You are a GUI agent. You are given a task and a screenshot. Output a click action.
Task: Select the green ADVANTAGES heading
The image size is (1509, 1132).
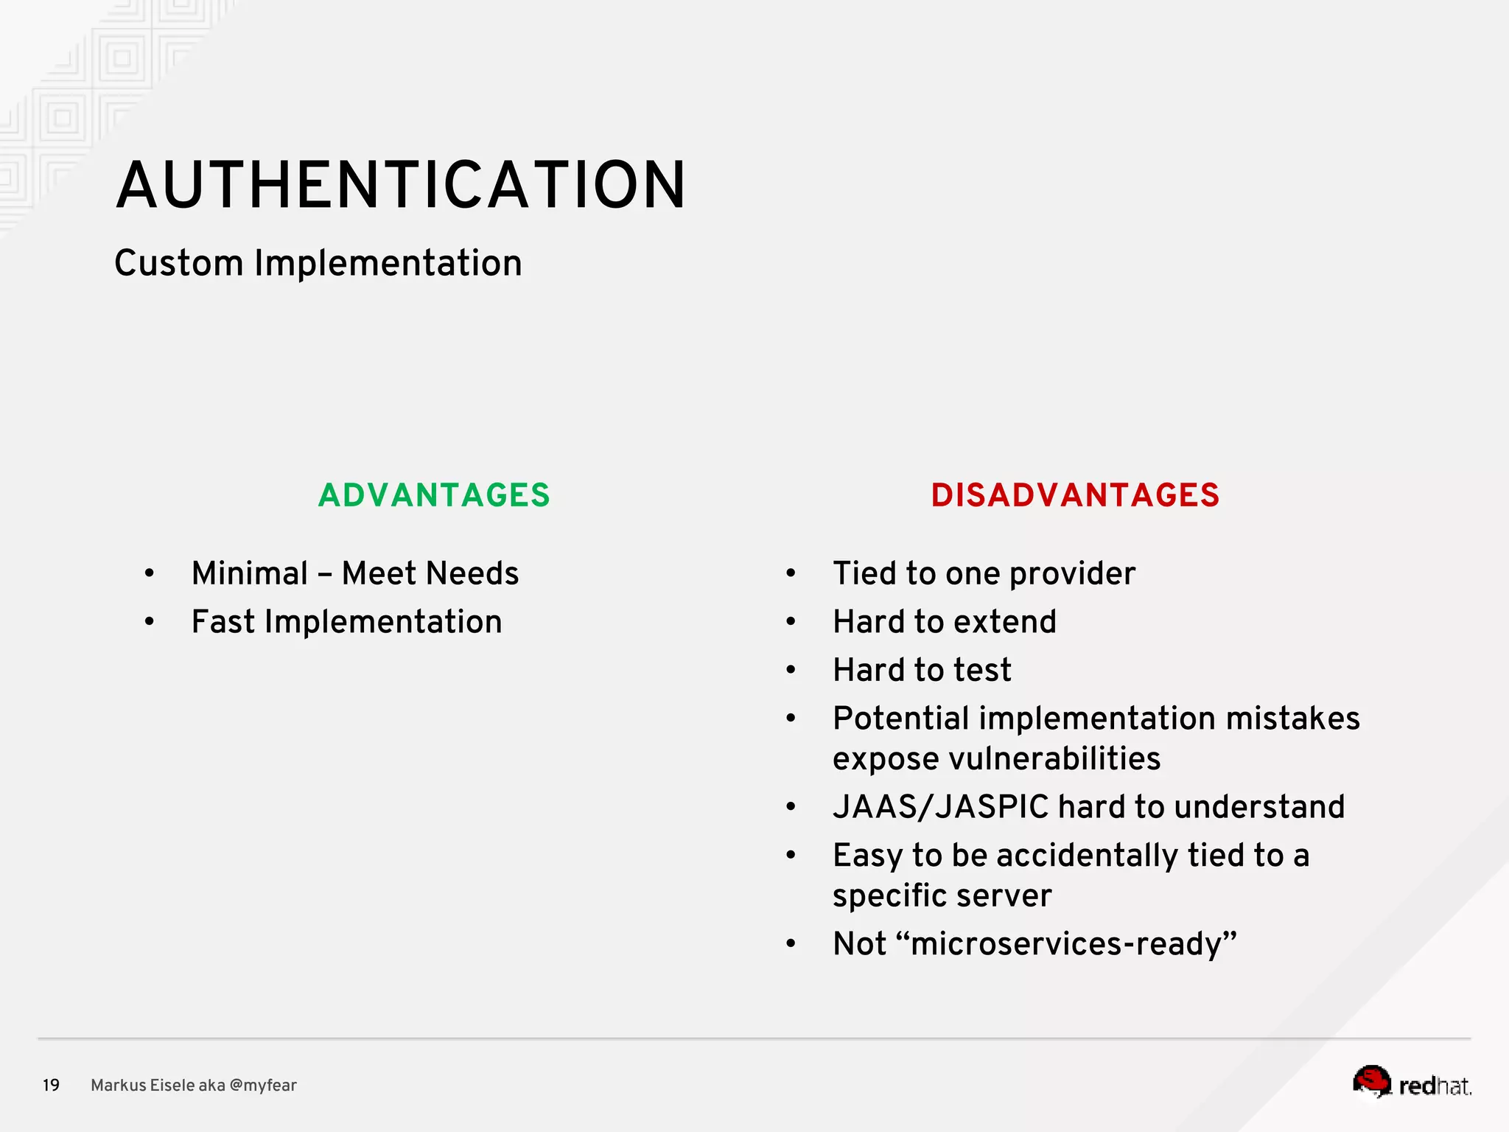[x=434, y=495]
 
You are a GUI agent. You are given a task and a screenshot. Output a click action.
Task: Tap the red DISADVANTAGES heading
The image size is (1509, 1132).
[x=1075, y=495]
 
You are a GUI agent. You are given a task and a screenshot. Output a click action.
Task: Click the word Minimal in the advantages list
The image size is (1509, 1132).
[x=250, y=573]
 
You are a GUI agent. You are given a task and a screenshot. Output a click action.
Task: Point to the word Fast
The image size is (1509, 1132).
[x=223, y=622]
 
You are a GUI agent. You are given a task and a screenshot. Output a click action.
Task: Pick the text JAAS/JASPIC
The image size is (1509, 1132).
[x=941, y=807]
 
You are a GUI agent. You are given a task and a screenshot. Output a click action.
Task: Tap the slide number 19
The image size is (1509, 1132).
[x=51, y=1086]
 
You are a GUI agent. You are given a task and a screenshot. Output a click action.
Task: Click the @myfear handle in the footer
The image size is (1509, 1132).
[x=263, y=1086]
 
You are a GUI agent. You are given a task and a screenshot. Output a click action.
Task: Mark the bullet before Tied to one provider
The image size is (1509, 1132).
[x=791, y=573]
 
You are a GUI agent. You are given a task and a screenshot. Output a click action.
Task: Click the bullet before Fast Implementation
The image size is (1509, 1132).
[x=150, y=622]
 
